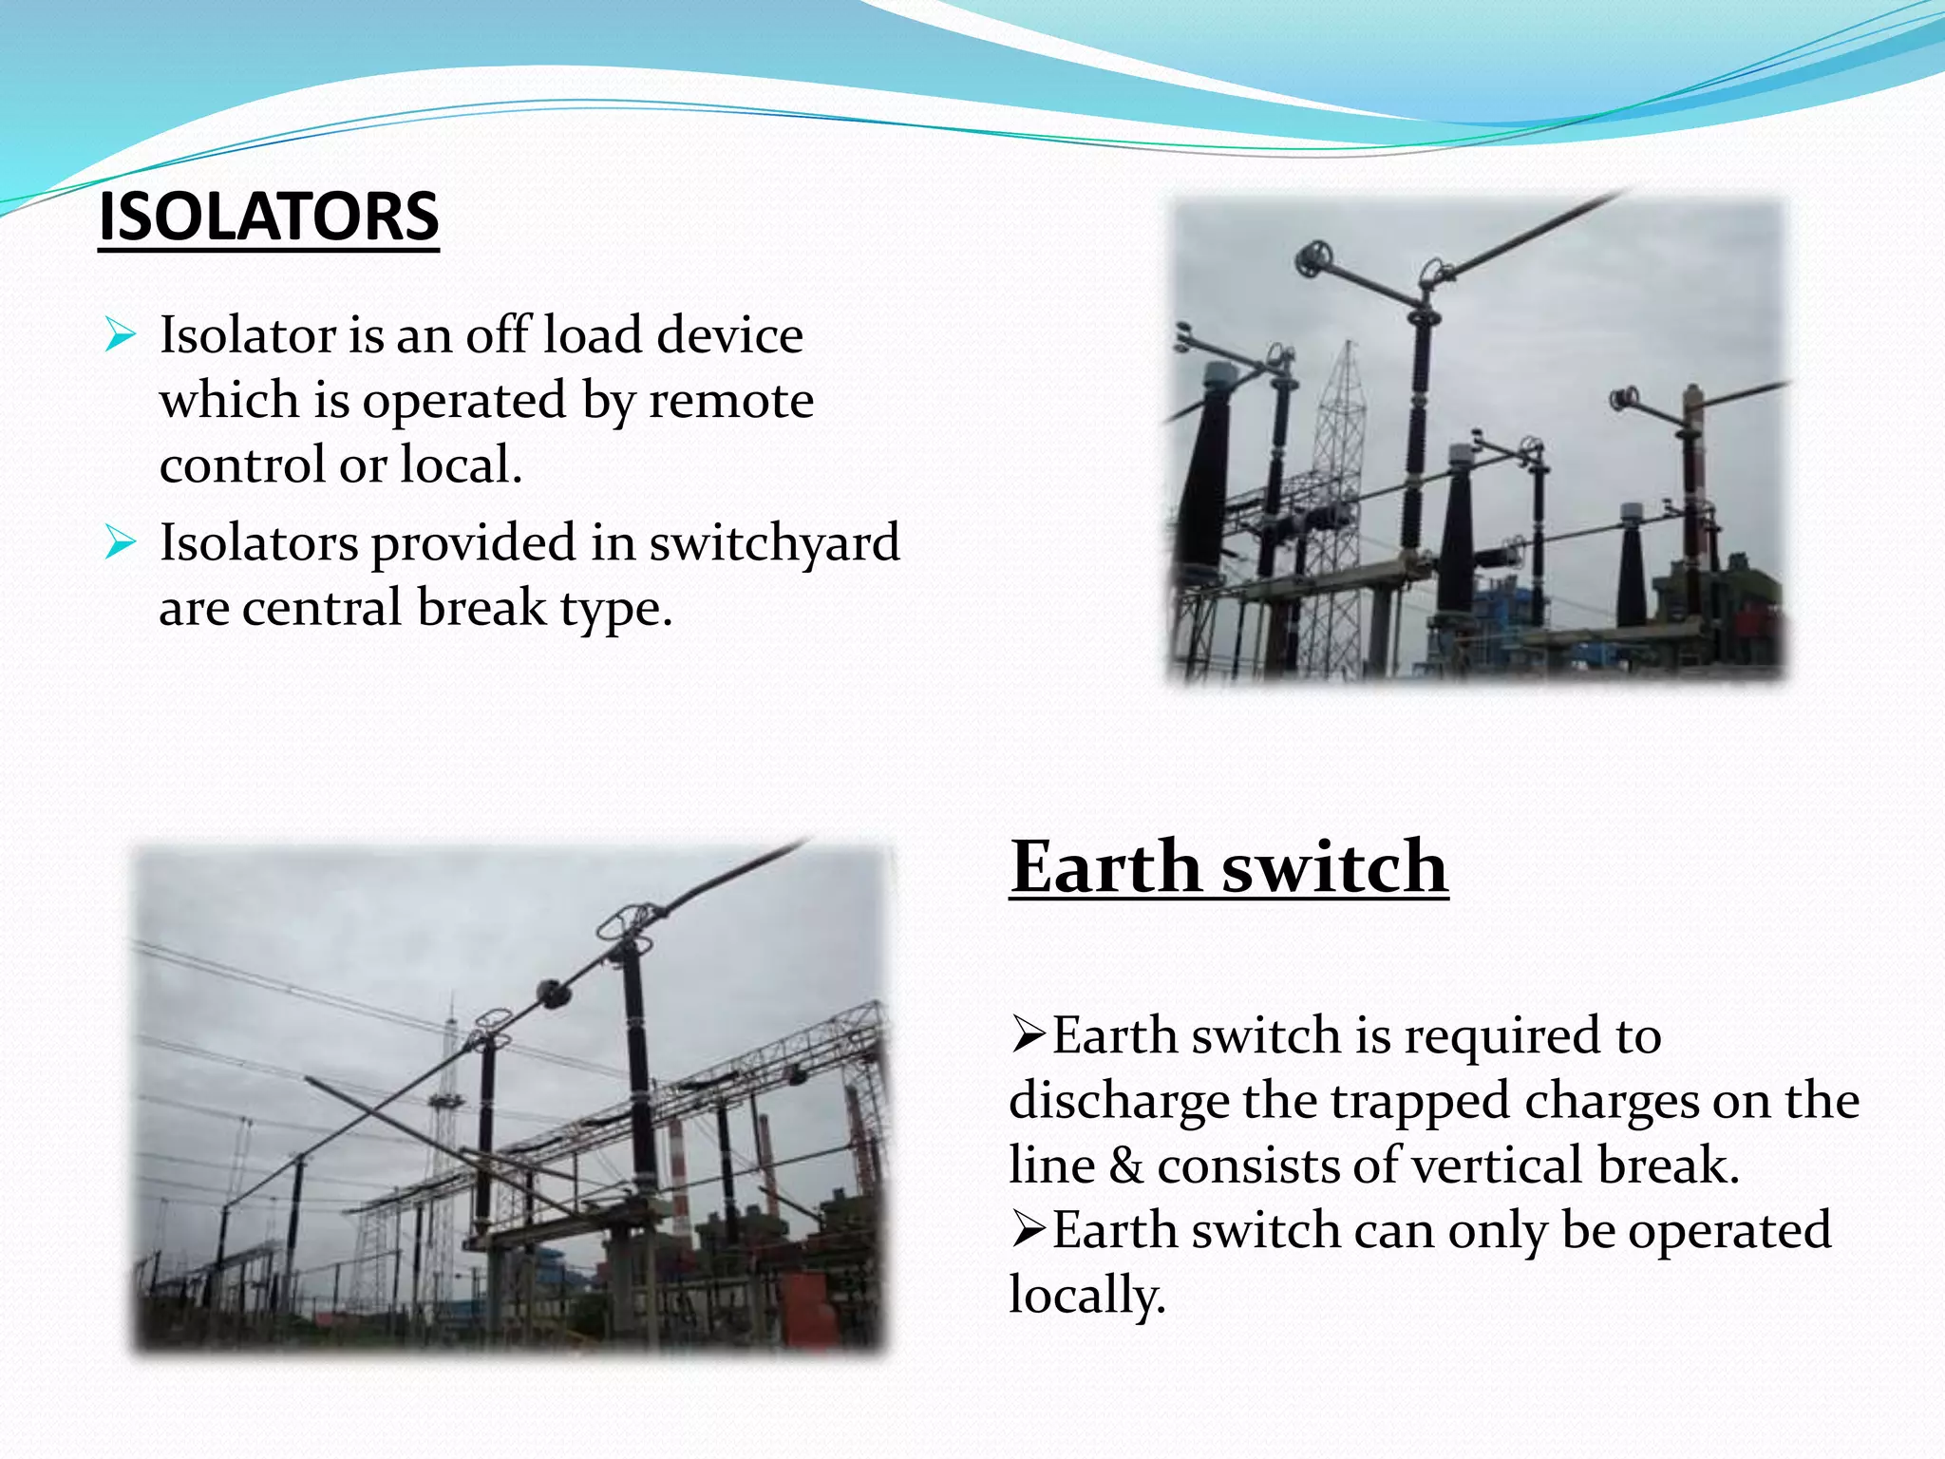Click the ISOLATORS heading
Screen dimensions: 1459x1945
(x=269, y=218)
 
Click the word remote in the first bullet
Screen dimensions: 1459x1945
(x=731, y=400)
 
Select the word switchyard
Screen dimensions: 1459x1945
(x=774, y=542)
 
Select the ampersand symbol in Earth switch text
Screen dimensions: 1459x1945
(x=1126, y=1165)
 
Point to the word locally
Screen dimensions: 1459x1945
(x=1086, y=1296)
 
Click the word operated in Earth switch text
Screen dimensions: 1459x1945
(x=1729, y=1230)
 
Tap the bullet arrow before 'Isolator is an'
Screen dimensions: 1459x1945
(x=121, y=334)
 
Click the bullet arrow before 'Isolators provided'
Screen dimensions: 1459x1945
(x=121, y=542)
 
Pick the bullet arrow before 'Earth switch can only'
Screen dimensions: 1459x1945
(x=1029, y=1229)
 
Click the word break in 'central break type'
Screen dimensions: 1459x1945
(x=482, y=608)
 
